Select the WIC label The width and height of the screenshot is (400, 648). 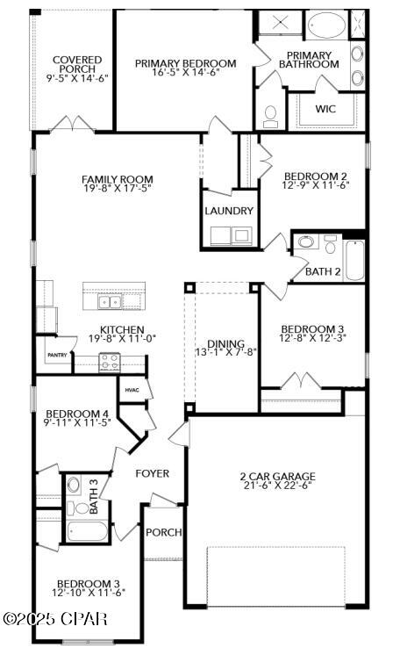325,110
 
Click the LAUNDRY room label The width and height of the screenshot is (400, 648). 229,212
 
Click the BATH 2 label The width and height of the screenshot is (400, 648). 323,271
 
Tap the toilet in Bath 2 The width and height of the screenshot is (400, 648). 306,243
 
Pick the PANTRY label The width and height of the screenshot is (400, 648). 57,355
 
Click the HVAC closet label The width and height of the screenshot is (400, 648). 132,390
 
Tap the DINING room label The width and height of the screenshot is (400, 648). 225,344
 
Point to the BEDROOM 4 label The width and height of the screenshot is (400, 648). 76,414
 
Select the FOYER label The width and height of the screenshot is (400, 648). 152,473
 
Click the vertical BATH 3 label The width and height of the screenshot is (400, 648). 95,496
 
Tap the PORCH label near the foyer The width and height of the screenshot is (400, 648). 163,532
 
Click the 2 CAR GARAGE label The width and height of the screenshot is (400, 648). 276,478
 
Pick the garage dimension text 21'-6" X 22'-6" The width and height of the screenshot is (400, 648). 276,488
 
